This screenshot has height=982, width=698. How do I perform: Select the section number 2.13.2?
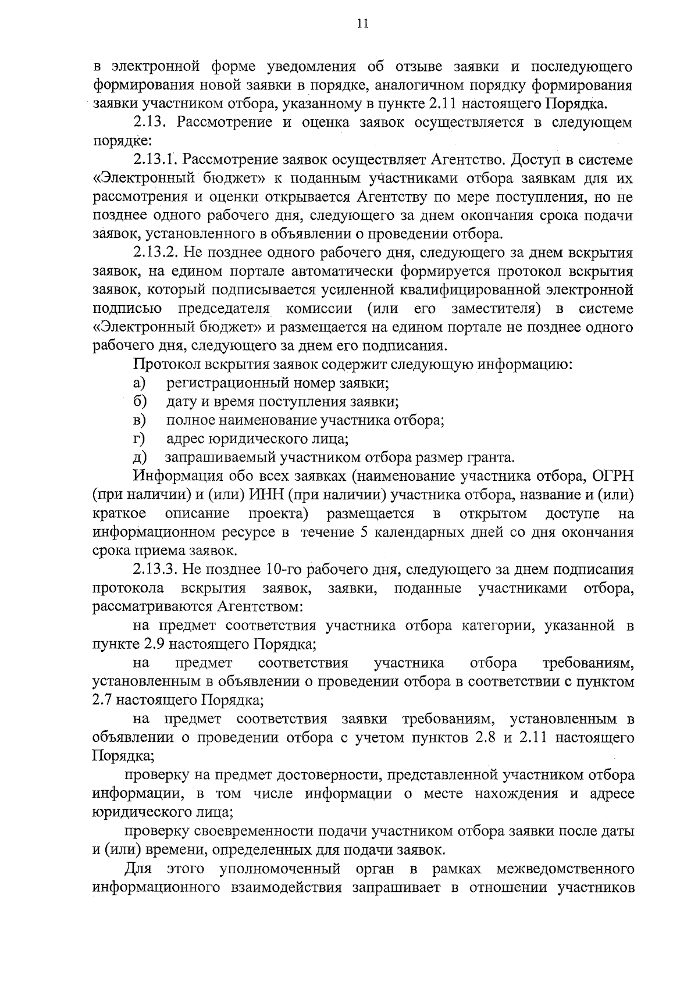click(x=155, y=253)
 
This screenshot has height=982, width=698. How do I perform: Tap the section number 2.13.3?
click(x=155, y=569)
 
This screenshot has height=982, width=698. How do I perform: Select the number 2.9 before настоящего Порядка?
click(x=149, y=644)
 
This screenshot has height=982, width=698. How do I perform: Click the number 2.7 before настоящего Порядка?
click(x=104, y=700)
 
